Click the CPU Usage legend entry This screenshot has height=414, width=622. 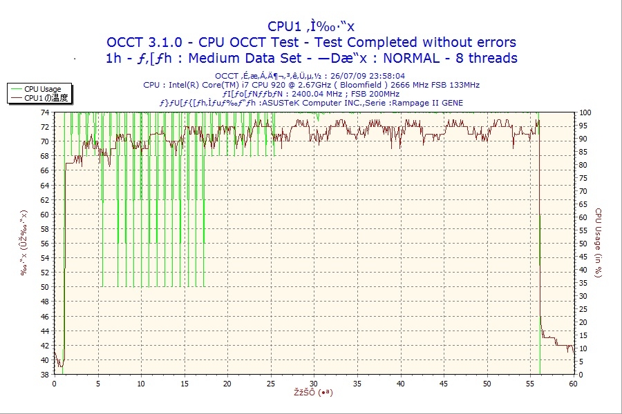pos(41,89)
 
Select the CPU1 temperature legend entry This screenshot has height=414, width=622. pos(46,98)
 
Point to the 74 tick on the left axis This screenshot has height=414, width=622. pos(44,112)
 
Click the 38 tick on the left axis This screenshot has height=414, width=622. pos(44,375)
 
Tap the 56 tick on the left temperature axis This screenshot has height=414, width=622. pos(44,243)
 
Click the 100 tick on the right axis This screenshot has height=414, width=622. pos(585,112)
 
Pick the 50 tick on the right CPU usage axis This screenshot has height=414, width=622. pos(583,243)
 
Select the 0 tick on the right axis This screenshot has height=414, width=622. pos(581,375)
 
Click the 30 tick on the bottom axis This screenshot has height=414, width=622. pos(314,383)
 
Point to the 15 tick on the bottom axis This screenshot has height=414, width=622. pos(184,383)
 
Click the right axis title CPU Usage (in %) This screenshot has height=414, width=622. pos(599,243)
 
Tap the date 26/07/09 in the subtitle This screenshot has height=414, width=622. pos(351,76)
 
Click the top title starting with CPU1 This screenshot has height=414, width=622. pos(310,28)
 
